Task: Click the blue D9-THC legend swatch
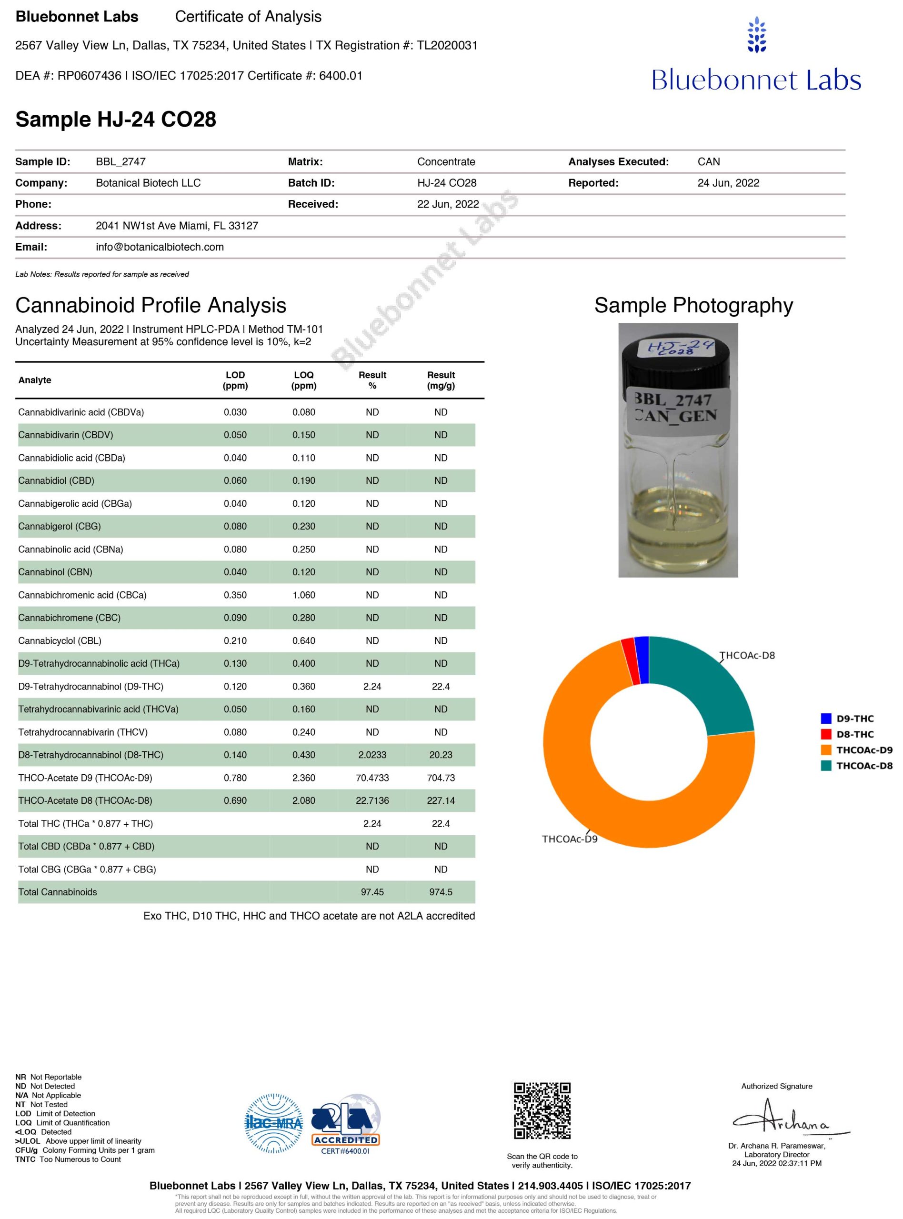pos(826,719)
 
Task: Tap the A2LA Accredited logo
pos(345,1122)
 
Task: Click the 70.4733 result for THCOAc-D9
pos(372,778)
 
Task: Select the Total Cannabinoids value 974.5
pos(441,892)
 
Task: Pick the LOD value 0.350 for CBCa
pos(235,595)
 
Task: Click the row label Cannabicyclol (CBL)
pos(60,640)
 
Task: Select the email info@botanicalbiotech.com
pos(160,247)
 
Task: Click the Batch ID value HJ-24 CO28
pos(447,183)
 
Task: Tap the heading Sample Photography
pos(693,305)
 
